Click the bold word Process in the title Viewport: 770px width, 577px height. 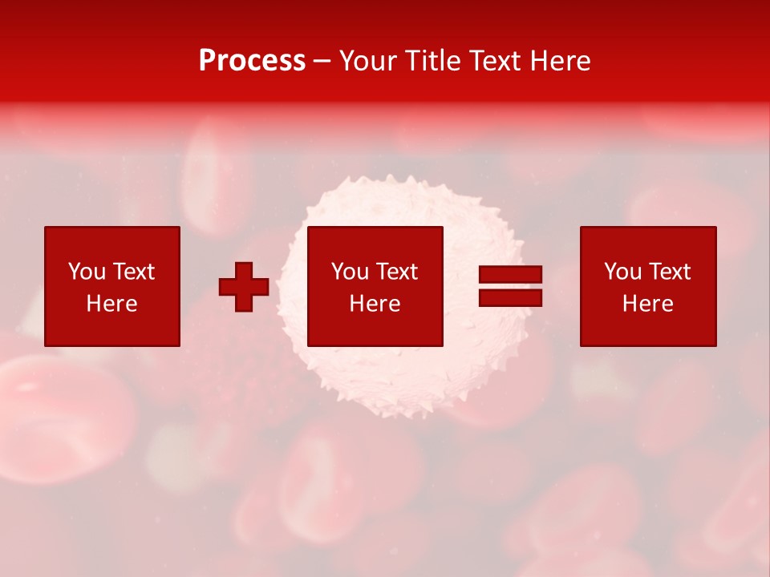coord(252,61)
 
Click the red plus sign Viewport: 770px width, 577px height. coord(244,287)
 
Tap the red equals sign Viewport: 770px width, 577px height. coord(510,287)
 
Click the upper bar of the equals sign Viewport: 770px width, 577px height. coord(510,275)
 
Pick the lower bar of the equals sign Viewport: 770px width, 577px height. coord(510,298)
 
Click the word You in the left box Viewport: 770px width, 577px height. coord(87,272)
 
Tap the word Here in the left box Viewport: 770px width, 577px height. coord(111,304)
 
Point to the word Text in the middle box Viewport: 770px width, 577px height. coord(396,272)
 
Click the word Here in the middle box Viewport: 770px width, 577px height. coord(375,304)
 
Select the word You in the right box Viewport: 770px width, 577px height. coord(622,272)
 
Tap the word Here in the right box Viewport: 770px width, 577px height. coord(647,304)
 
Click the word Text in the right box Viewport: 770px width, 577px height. coord(669,272)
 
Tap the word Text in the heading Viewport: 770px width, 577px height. coord(495,61)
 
